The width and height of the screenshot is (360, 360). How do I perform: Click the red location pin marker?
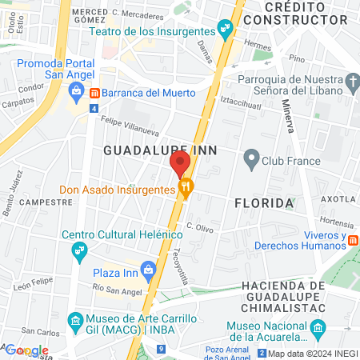point(180,163)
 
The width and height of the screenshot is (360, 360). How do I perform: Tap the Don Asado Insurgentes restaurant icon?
point(186,190)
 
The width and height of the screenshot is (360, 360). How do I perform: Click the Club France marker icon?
point(251,160)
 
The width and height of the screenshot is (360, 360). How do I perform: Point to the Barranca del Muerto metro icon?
point(94,92)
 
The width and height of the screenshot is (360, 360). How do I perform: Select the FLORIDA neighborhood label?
point(264,203)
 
